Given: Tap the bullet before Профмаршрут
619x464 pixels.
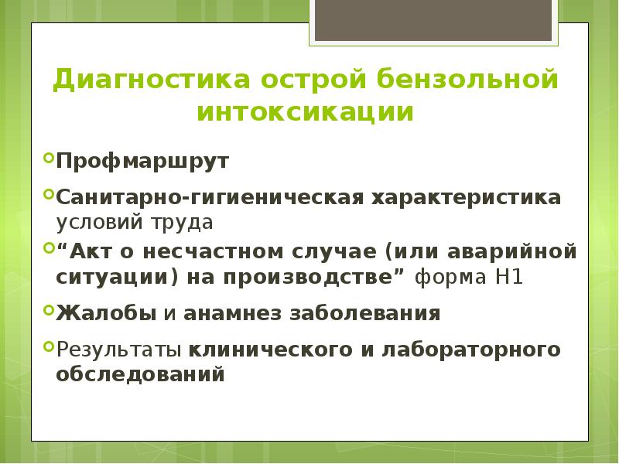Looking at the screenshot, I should [49, 161].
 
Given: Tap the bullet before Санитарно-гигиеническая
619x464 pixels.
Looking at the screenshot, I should [49, 193].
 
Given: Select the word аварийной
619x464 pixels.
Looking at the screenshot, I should [508, 252].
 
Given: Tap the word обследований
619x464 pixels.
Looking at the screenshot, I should [140, 374].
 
